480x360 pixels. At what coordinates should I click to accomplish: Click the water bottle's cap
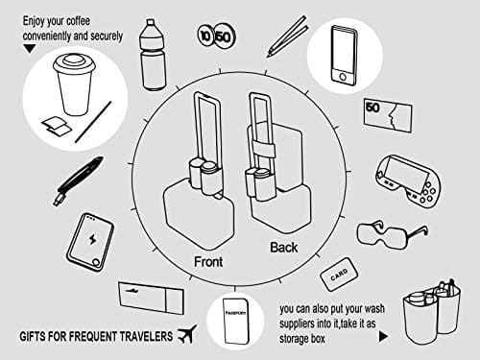(x=151, y=24)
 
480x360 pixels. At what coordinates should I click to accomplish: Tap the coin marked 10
(x=205, y=36)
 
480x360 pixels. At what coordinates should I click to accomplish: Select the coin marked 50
(x=224, y=36)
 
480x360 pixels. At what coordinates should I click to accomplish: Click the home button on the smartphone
(x=343, y=77)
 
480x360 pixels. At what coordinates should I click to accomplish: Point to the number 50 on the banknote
(x=372, y=108)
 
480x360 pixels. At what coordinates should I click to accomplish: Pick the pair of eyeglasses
(x=393, y=234)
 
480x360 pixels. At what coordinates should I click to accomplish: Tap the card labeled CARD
(x=339, y=275)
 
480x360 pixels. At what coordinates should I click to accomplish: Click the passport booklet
(x=236, y=322)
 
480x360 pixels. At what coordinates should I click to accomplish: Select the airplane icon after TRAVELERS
(x=187, y=334)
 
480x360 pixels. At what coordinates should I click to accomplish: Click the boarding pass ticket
(x=151, y=298)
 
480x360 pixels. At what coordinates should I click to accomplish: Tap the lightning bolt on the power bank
(x=92, y=239)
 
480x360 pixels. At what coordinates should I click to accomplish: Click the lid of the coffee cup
(x=74, y=65)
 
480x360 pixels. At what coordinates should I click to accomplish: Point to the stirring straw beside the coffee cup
(x=93, y=122)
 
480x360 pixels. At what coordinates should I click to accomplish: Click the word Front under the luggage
(x=208, y=262)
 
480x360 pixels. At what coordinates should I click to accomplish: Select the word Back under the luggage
(x=284, y=248)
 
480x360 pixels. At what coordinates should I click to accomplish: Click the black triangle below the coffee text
(x=30, y=48)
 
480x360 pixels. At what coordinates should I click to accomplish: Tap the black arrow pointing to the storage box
(x=383, y=336)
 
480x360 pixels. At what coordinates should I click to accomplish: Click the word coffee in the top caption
(x=78, y=21)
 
